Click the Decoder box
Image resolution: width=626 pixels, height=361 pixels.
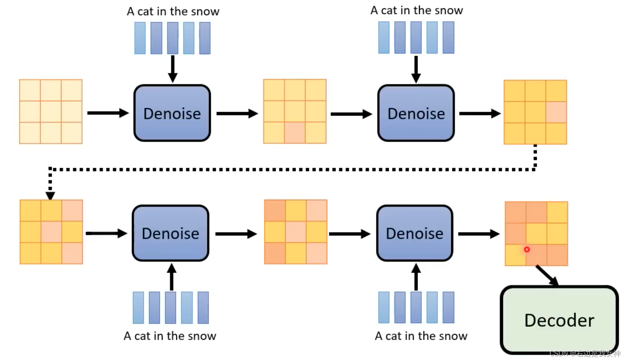pyautogui.click(x=559, y=320)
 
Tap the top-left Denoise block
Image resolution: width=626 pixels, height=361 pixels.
pyautogui.click(x=172, y=113)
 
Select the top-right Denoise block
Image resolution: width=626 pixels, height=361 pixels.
pyautogui.click(x=416, y=113)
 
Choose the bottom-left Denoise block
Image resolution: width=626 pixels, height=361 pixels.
pyautogui.click(x=170, y=233)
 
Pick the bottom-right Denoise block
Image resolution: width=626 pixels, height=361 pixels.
pyautogui.click(x=415, y=233)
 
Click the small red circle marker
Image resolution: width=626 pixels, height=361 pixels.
pyautogui.click(x=527, y=250)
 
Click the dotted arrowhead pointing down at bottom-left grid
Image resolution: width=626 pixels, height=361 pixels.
pyautogui.click(x=50, y=195)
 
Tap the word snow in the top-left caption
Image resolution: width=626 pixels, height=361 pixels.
pyautogui.click(x=205, y=11)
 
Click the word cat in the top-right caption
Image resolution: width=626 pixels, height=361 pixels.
pyautogui.click(x=389, y=10)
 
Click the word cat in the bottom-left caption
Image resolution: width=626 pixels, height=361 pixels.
pyautogui.click(x=142, y=336)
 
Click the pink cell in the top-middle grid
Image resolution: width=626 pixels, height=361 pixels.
pyautogui.click(x=295, y=132)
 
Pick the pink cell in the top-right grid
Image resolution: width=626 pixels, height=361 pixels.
pyautogui.click(x=556, y=112)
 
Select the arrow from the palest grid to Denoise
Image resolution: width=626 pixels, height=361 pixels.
pyautogui.click(x=108, y=113)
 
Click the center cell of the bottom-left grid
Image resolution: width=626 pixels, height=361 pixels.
pyautogui.click(x=51, y=232)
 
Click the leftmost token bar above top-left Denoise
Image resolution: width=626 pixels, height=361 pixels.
pyautogui.click(x=140, y=38)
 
